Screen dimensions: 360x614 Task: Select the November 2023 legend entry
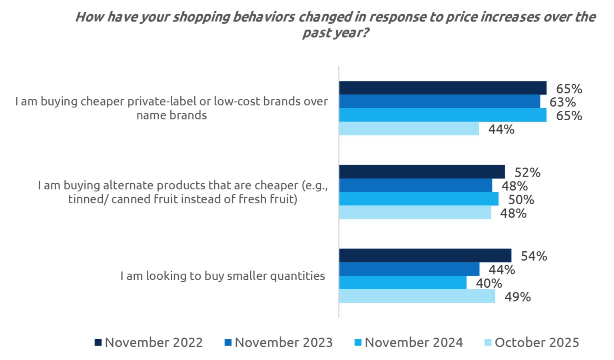click(279, 342)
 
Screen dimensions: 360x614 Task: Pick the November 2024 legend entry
click(409, 342)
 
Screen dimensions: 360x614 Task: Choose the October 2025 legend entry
click(532, 342)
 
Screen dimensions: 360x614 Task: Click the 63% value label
click(562, 102)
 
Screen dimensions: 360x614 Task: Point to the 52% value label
click(527, 173)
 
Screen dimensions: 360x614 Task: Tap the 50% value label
click(521, 200)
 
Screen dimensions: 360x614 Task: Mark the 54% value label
click(534, 256)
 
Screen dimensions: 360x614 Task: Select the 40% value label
click(489, 283)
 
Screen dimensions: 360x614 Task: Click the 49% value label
click(518, 297)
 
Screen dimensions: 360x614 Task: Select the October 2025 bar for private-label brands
click(409, 129)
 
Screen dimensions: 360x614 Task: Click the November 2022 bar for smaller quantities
click(425, 256)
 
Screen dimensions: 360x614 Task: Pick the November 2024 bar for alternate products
click(419, 199)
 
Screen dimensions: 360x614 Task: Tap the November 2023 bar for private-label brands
click(439, 101)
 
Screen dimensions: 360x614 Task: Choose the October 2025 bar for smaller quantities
click(417, 296)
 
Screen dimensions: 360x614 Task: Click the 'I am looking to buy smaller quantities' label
click(223, 276)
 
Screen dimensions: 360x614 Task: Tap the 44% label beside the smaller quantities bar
click(502, 270)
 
